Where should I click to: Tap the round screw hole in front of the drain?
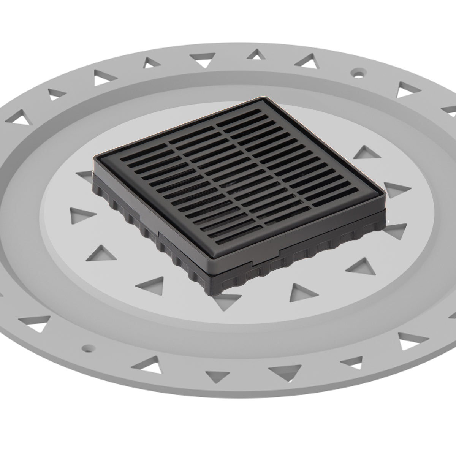tap(88, 347)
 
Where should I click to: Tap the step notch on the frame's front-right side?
tap(280, 251)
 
